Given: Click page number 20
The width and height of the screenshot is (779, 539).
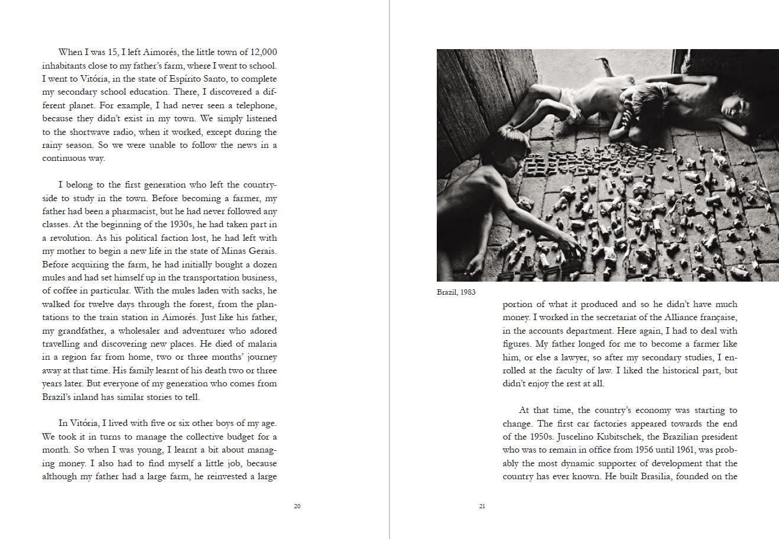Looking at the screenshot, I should [x=297, y=506].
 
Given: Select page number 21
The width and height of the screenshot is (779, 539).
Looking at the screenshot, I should [x=482, y=506].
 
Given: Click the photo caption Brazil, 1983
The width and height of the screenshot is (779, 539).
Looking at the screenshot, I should [x=456, y=292].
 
